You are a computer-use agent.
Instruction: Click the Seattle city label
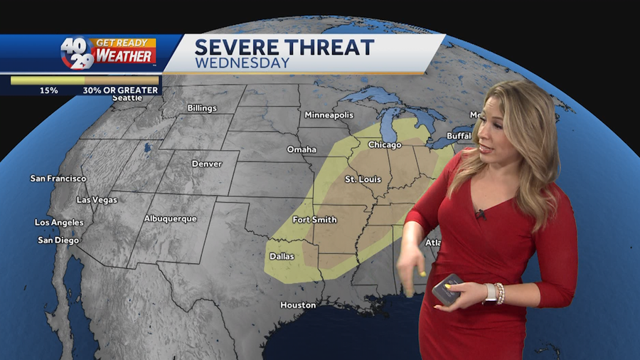pyautogui.click(x=127, y=98)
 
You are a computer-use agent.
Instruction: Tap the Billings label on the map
pyautogui.click(x=202, y=108)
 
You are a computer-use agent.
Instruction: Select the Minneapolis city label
pyautogui.click(x=329, y=115)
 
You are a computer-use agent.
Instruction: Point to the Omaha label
pyautogui.click(x=302, y=149)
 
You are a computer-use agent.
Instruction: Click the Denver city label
pyautogui.click(x=207, y=164)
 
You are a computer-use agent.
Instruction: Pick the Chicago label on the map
pyautogui.click(x=385, y=145)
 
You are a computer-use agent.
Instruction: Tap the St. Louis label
pyautogui.click(x=361, y=179)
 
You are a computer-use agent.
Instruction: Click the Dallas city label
pyautogui.click(x=282, y=256)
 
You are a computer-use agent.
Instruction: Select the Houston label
pyautogui.click(x=298, y=305)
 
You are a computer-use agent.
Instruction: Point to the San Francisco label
pyautogui.click(x=58, y=179)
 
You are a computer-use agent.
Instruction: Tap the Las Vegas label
pyautogui.click(x=97, y=200)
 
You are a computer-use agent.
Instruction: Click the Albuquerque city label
pyautogui.click(x=170, y=218)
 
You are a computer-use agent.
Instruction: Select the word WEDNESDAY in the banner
pyautogui.click(x=242, y=63)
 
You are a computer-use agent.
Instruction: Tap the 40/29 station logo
pyautogui.click(x=77, y=53)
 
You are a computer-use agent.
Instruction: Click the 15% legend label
pyautogui.click(x=49, y=90)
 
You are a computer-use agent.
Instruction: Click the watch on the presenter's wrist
pyautogui.click(x=490, y=292)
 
